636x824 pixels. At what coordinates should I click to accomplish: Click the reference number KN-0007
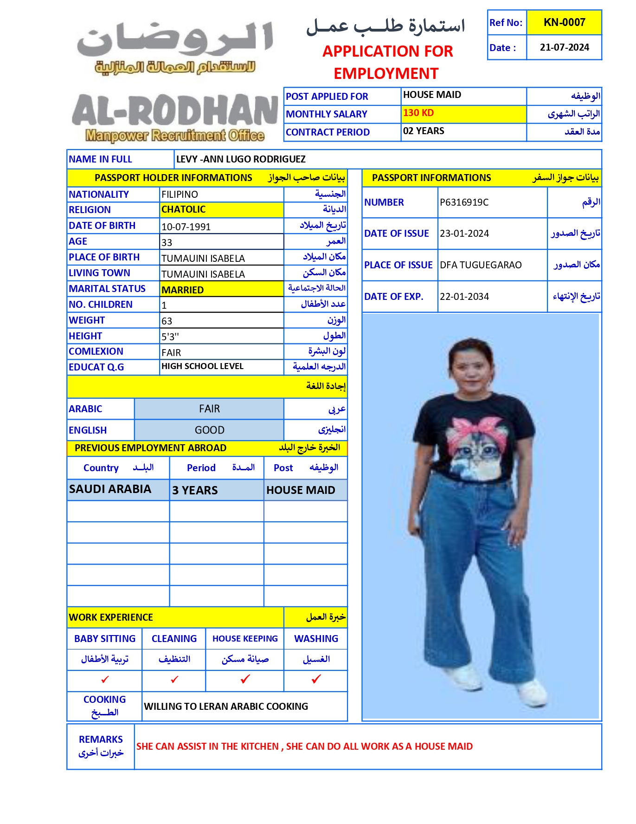point(564,22)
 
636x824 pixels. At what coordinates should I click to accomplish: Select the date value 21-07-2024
point(564,47)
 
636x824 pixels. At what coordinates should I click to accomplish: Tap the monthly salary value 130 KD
point(418,113)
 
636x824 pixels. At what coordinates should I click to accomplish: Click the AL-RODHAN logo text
point(175,111)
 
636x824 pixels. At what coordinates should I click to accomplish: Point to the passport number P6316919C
point(464,202)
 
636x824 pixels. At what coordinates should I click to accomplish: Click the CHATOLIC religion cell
point(184,209)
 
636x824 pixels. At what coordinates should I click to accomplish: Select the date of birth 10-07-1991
point(186,227)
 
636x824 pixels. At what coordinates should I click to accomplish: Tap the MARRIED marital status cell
point(183,290)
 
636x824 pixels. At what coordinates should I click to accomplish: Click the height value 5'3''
point(170,337)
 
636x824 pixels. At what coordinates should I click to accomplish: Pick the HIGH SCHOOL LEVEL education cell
point(202,366)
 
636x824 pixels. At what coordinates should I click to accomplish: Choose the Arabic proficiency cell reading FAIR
point(209,409)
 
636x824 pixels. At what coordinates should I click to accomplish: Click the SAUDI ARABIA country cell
point(110,489)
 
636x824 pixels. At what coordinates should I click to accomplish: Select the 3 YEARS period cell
point(195,490)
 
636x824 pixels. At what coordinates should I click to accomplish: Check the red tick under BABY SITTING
point(105,680)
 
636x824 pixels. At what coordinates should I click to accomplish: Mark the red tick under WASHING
point(316,679)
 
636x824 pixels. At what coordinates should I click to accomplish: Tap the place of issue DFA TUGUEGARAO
point(481,265)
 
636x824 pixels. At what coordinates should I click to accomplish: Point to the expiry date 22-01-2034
point(464,297)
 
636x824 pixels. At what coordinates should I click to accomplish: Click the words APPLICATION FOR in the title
point(387,51)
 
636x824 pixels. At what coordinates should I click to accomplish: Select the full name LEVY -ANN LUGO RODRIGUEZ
point(241,159)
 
